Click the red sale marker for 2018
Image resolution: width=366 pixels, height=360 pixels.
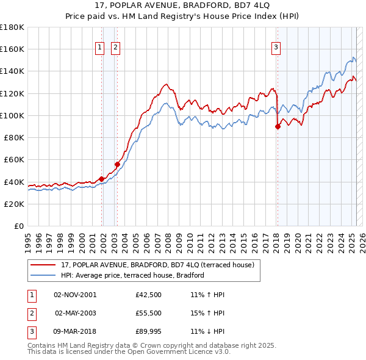(278, 127)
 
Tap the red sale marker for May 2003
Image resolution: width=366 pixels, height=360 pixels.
(117, 164)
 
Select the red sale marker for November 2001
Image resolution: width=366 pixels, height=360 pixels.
(101, 179)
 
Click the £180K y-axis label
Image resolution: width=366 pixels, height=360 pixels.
(12, 27)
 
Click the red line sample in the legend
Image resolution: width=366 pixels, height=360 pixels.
(43, 265)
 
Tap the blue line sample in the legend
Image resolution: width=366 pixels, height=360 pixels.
(43, 275)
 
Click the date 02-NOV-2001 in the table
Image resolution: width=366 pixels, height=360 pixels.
(75, 295)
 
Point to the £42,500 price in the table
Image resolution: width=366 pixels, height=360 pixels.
(148, 295)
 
